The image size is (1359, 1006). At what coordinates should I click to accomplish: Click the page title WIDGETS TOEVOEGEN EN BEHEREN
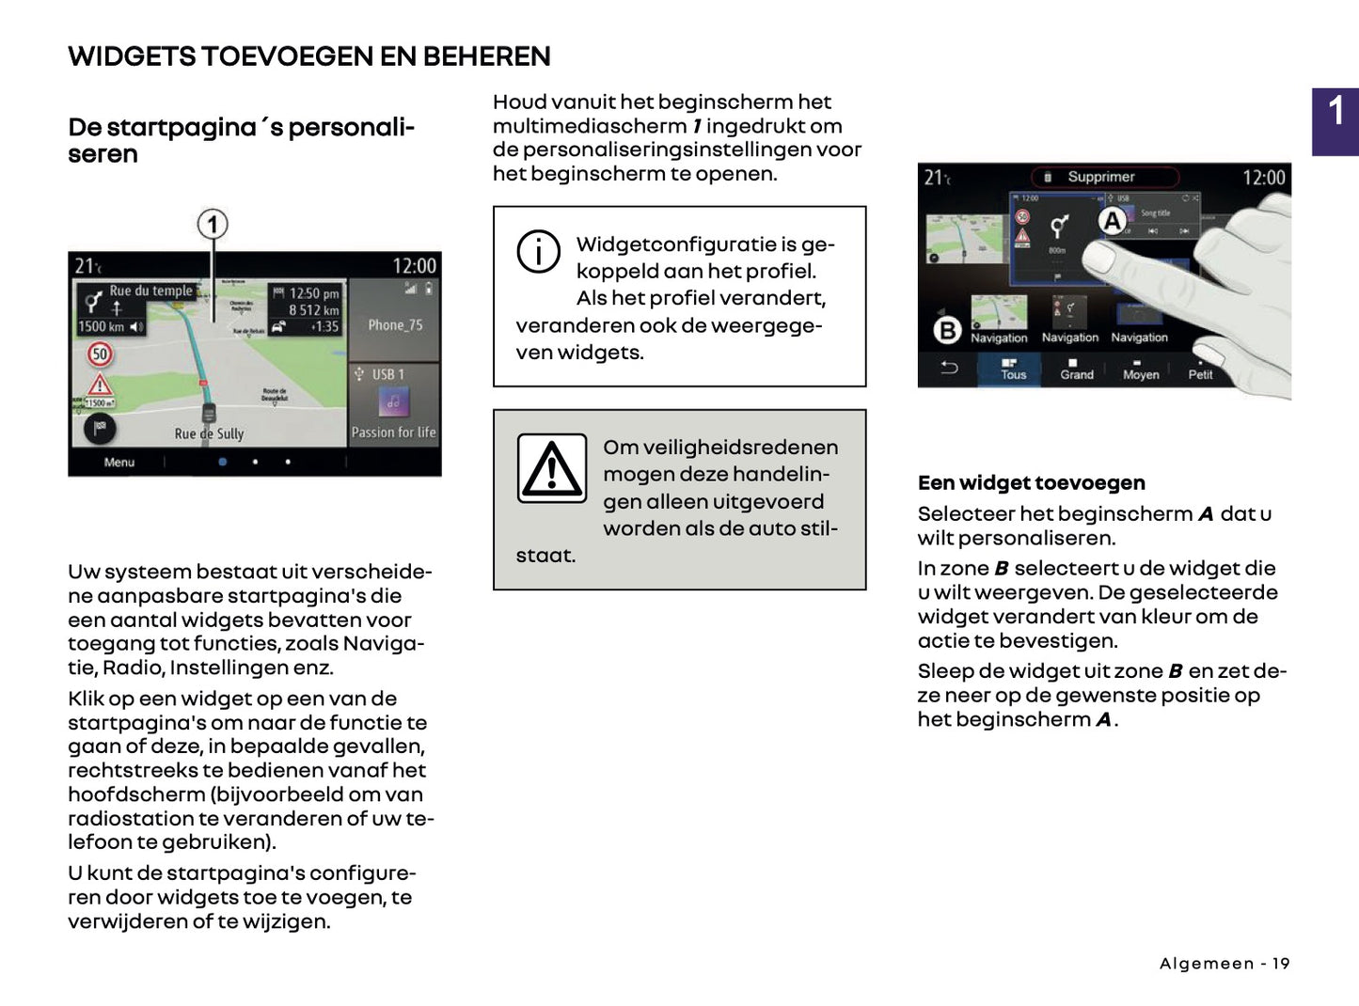tap(308, 56)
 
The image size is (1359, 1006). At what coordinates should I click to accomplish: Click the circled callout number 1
tap(213, 225)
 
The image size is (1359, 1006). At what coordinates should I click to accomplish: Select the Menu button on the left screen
tap(119, 463)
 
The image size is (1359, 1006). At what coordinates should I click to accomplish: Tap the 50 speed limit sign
tap(100, 354)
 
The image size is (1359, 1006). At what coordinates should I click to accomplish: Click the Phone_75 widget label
tap(395, 325)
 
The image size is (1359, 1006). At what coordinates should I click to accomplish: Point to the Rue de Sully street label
tap(209, 433)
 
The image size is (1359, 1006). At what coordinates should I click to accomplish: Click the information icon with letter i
tap(538, 252)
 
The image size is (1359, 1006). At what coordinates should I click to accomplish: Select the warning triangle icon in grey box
tap(552, 468)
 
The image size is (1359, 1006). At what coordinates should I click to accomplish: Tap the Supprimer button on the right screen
tap(1100, 177)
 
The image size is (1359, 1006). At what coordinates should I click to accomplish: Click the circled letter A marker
tap(1113, 221)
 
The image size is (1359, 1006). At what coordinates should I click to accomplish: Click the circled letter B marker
tap(947, 330)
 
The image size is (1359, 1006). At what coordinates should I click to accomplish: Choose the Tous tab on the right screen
tap(1013, 369)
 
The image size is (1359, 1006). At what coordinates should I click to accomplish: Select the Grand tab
tap(1076, 369)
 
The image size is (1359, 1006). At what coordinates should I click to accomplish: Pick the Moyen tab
tap(1140, 369)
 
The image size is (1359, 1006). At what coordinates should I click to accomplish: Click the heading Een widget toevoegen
tap(1031, 483)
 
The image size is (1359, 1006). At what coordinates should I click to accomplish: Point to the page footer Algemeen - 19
tap(1224, 964)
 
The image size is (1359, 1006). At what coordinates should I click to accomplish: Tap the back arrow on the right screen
tap(949, 368)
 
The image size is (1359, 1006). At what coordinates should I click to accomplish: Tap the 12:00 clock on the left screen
tap(414, 266)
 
